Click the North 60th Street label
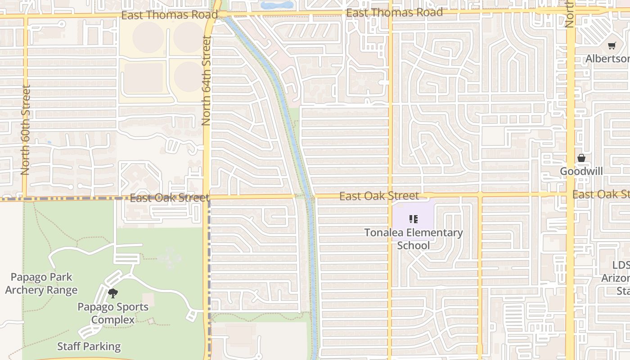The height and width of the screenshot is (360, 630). click(25, 130)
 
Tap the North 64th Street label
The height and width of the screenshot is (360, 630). click(207, 81)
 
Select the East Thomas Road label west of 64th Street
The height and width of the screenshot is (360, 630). click(169, 15)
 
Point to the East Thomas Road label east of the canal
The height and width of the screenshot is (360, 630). click(394, 13)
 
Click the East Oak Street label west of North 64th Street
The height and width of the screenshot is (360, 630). click(169, 198)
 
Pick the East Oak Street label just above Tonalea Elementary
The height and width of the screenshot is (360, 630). click(379, 196)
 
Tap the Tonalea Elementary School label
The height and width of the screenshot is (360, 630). click(413, 239)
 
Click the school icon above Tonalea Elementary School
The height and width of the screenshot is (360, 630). click(413, 220)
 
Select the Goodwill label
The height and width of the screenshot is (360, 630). click(581, 171)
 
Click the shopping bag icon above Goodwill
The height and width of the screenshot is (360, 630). click(581, 158)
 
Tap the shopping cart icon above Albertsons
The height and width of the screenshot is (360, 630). click(612, 46)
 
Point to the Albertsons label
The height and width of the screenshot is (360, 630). click(607, 59)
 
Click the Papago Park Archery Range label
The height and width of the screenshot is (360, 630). click(41, 284)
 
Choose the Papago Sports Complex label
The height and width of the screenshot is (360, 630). click(113, 313)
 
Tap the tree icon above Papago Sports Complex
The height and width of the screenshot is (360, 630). click(113, 294)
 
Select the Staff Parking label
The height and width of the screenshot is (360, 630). click(89, 346)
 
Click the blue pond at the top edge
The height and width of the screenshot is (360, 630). click(277, 5)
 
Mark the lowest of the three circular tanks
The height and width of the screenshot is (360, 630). click(189, 76)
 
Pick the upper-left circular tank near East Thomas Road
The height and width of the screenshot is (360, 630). click(148, 37)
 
